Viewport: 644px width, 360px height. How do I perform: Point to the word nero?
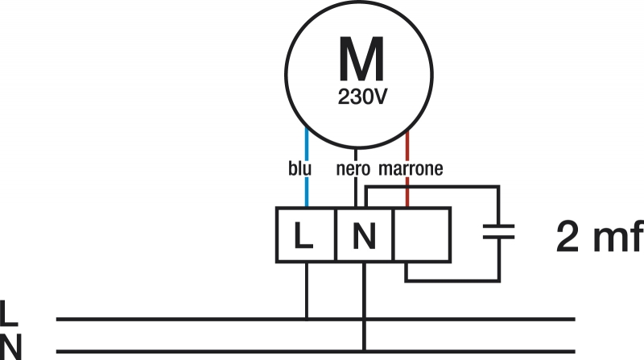point(353,170)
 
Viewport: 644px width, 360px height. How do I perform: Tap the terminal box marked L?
point(305,235)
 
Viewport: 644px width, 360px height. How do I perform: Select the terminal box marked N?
point(364,235)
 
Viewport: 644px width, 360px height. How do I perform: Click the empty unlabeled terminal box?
point(422,235)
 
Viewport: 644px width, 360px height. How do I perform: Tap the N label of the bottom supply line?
point(10,345)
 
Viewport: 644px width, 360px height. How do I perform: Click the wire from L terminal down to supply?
point(306,290)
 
